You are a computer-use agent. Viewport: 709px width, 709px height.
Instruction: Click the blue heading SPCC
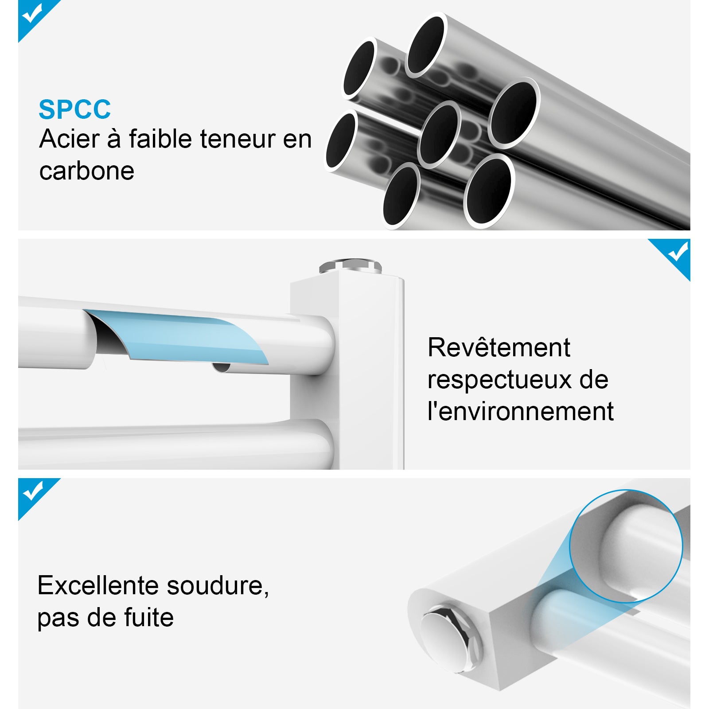tap(74, 109)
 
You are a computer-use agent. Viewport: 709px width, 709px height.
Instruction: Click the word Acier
tap(69, 139)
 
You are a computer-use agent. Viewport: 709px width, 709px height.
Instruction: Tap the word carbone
tap(86, 171)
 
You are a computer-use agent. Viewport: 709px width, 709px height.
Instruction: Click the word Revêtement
tap(499, 347)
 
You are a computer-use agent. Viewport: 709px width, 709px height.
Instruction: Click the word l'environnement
tap(520, 412)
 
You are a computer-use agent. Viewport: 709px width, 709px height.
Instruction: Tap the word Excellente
tap(98, 585)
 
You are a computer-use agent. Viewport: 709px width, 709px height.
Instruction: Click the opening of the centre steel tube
tap(439, 134)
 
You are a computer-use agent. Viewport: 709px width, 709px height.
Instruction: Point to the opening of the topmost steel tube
tap(426, 44)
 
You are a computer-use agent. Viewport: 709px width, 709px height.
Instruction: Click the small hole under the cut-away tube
tap(222, 367)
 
